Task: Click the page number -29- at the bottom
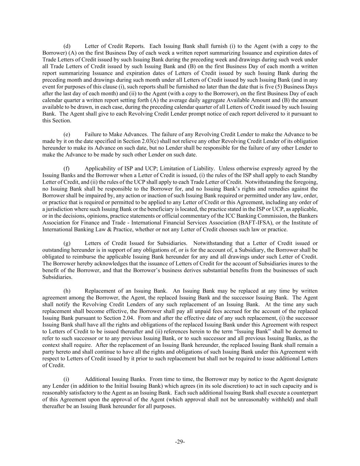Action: pos(180,442)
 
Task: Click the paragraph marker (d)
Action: pos(67,46)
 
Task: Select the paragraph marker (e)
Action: pos(67,135)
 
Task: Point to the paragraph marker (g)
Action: pos(67,243)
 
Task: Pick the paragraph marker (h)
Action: pos(67,291)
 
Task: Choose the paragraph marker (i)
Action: pos(67,379)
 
